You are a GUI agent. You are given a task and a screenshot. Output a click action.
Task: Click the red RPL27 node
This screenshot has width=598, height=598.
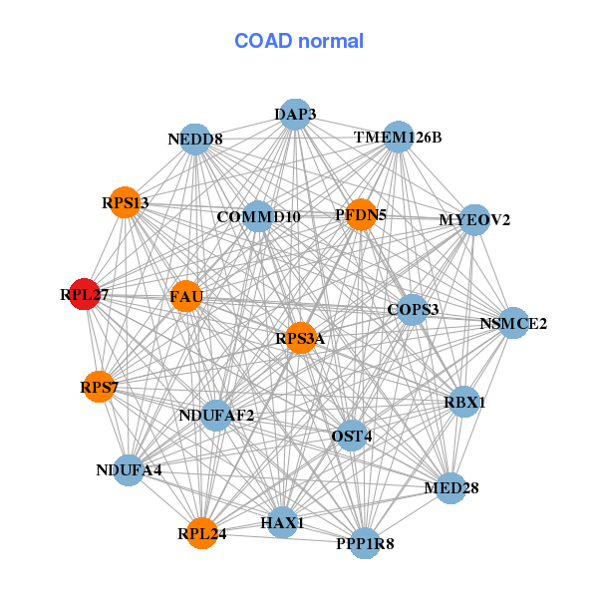pos(85,294)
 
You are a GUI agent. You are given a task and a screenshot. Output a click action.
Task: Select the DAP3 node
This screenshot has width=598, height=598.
pos(295,114)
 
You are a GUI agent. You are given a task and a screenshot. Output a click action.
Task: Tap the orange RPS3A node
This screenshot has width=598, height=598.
pos(301,338)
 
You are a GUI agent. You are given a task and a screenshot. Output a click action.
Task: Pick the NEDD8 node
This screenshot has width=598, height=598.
pos(195,140)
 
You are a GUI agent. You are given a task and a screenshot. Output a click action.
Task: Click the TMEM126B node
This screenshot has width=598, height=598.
pos(398,137)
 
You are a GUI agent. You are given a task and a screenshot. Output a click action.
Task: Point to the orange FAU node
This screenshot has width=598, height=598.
pos(186,296)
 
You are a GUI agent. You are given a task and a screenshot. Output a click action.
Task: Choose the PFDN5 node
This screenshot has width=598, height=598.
pos(361,214)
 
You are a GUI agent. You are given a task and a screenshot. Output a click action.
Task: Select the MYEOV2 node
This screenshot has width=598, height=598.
pos(474,220)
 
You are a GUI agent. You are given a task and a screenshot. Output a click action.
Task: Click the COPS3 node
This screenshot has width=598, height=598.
pos(413,309)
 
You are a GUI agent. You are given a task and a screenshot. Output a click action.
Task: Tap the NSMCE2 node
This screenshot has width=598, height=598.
pos(513,323)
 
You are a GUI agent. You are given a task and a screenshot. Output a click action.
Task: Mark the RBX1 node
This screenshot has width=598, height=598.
pos(464,402)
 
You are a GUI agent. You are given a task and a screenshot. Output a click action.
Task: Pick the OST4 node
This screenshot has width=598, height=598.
pos(352,436)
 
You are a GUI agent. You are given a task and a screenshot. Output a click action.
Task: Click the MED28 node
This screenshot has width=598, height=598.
pos(451,488)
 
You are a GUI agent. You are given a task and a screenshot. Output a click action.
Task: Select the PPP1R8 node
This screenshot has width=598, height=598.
pos(365,543)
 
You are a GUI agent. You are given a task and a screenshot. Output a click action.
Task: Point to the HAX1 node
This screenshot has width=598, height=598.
pos(282,522)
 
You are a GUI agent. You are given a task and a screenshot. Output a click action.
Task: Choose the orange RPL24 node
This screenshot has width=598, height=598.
pos(202,533)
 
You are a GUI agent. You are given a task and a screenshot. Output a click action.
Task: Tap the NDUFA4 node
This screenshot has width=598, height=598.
pos(129,470)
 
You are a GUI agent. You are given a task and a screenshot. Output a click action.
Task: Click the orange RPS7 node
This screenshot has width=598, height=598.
pos(99,387)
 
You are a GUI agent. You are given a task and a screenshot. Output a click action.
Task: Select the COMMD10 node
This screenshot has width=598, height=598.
pos(258,216)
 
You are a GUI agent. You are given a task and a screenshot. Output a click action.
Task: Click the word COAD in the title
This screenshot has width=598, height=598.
pos(263,41)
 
